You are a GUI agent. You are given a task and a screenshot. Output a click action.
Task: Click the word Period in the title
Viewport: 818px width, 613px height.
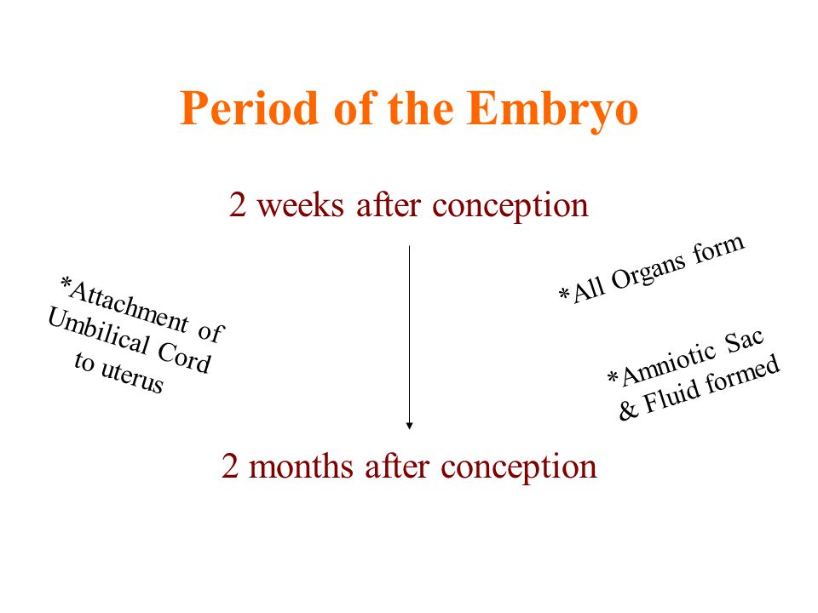pos(249,108)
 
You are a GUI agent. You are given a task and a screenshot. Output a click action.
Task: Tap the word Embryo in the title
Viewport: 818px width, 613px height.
pos(552,111)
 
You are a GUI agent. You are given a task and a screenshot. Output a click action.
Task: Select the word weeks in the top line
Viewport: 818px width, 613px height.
pos(301,205)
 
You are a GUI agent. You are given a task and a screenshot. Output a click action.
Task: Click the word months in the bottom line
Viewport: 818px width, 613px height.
pos(301,466)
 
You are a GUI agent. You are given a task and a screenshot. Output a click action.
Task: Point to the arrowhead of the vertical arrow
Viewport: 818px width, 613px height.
pos(410,426)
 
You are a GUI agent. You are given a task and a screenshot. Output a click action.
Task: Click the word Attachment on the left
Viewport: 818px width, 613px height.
pos(129,306)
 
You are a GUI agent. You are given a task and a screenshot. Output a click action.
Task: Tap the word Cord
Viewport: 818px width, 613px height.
pos(185,358)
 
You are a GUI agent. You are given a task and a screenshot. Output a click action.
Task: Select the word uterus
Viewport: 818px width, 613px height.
pos(132,376)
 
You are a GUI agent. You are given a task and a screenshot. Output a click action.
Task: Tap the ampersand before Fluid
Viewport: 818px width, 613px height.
pos(628,410)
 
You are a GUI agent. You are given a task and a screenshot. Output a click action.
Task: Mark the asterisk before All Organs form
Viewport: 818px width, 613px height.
pos(564,293)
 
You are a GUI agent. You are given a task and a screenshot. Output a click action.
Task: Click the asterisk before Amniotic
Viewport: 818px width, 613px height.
pos(613,376)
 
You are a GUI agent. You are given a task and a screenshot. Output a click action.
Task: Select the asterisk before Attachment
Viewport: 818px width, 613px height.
pos(66,284)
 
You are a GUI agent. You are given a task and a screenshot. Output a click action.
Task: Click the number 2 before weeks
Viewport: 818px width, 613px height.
pos(238,205)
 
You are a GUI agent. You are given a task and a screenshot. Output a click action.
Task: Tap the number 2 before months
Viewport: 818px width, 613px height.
pos(230,466)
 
